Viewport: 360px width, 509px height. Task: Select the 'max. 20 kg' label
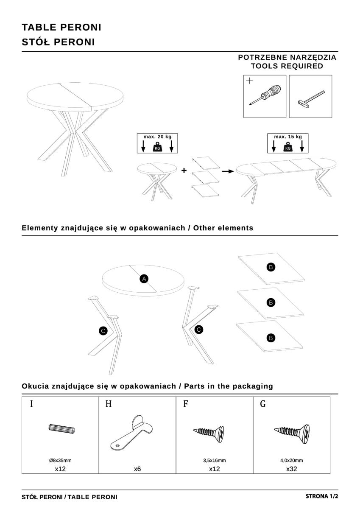pos(157,137)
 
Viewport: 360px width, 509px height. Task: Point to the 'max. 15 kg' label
pos(288,137)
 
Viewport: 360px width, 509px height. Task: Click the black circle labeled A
pos(144,279)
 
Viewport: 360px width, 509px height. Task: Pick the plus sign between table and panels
pos(184,171)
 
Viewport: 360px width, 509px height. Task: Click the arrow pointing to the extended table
pos(228,171)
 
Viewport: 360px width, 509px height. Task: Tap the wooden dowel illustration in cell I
pos(62,429)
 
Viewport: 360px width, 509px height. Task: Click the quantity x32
pos(291,469)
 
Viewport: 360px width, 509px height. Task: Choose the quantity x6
pos(137,469)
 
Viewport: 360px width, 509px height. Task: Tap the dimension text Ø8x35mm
pos(60,460)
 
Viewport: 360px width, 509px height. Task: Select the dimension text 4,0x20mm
pos(291,460)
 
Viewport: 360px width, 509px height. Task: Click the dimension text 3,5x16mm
pos(215,460)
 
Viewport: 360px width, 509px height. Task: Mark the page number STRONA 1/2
pos(321,496)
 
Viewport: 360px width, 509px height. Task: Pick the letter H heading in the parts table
pos(108,404)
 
